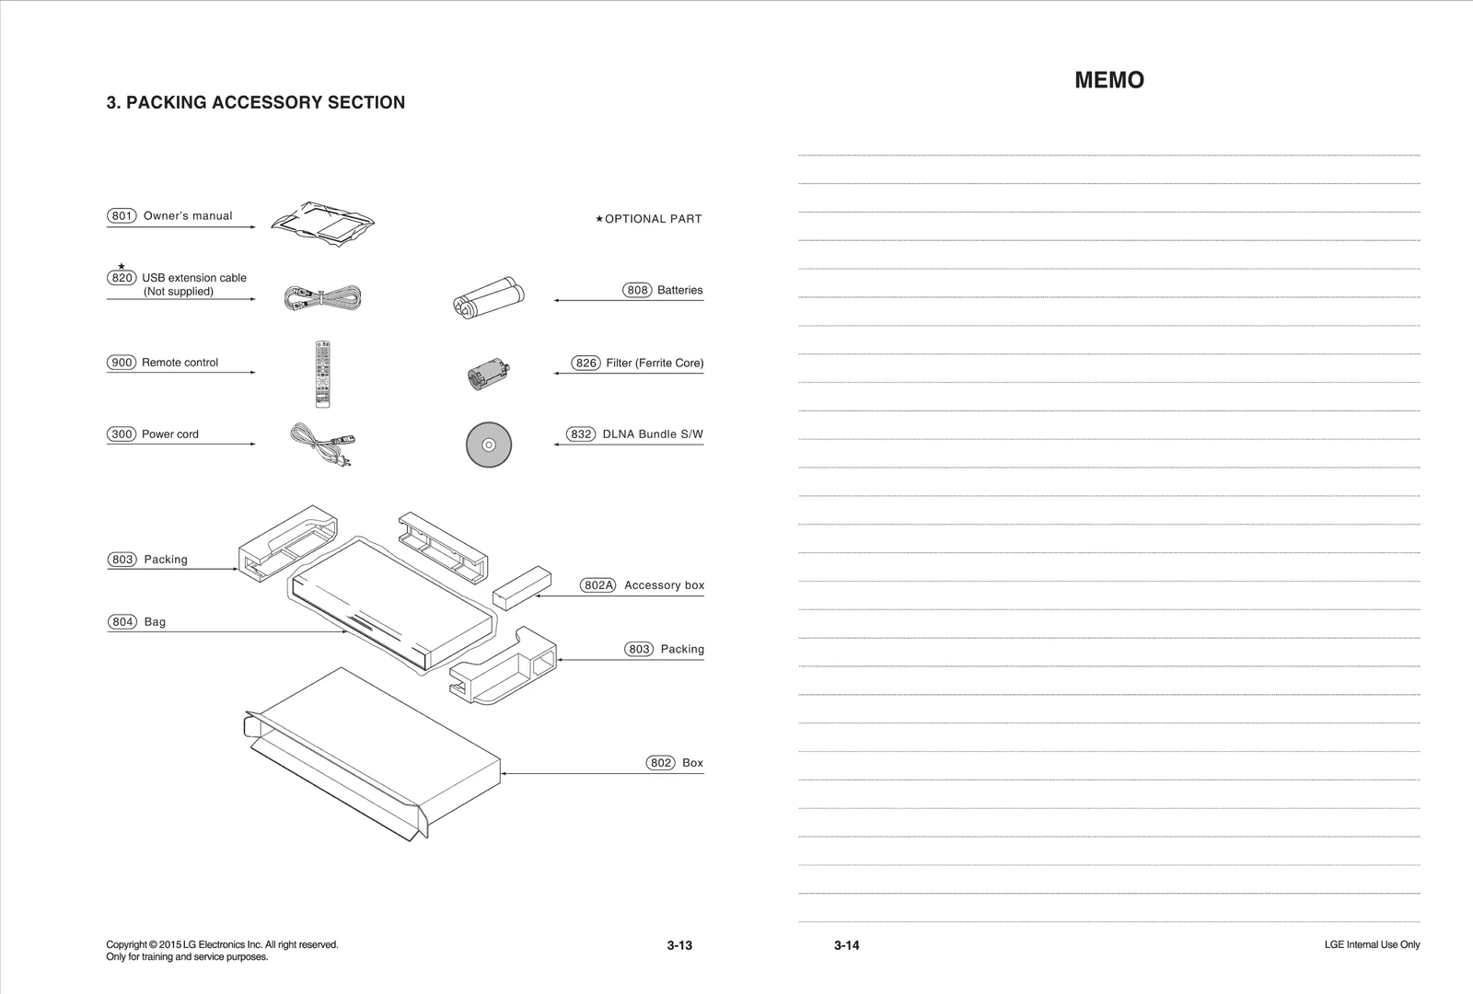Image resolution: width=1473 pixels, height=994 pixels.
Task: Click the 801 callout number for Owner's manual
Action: point(122,216)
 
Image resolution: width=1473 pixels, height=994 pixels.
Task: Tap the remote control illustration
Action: point(322,374)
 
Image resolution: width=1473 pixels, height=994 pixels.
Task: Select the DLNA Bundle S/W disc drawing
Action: point(489,445)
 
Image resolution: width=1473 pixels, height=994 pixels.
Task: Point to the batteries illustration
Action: point(489,295)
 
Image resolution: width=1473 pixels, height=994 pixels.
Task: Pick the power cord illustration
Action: point(321,445)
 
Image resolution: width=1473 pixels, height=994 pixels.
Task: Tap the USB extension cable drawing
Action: point(322,297)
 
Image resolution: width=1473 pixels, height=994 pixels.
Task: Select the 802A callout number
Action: point(597,585)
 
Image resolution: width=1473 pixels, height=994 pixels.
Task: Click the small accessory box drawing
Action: point(522,585)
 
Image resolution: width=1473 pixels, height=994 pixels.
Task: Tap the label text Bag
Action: point(155,622)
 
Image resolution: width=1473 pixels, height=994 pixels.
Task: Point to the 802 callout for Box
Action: point(661,763)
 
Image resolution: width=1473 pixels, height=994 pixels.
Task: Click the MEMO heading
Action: point(1109,80)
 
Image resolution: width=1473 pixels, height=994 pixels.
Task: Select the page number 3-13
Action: point(679,945)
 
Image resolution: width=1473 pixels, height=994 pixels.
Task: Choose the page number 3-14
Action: point(846,945)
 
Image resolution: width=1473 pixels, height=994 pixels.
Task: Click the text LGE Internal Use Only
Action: point(1372,945)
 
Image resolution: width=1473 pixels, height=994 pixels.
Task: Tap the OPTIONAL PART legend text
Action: point(653,219)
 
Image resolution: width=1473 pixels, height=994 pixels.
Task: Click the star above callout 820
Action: point(122,266)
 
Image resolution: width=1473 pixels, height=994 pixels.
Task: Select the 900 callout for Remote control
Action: point(122,363)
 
